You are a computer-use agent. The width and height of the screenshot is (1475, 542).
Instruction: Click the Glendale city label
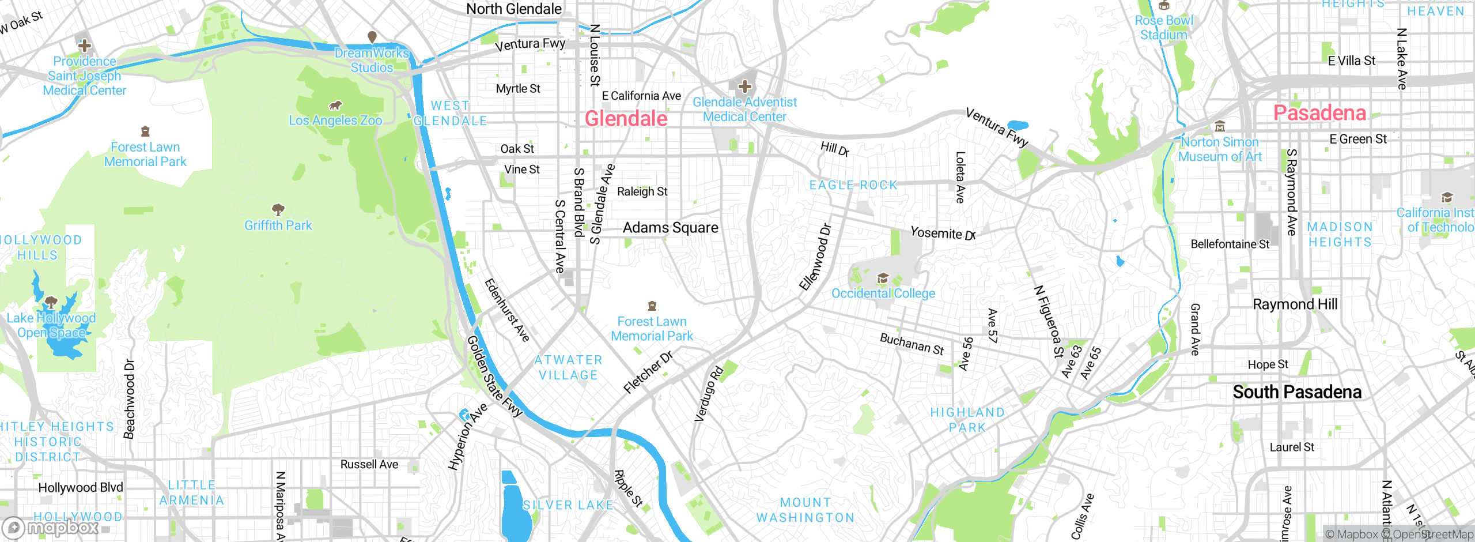coord(626,119)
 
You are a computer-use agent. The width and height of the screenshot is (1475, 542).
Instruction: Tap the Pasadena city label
coord(1319,113)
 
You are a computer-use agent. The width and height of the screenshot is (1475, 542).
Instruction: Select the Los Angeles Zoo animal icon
coord(335,106)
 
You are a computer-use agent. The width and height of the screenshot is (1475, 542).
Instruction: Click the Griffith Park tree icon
coord(278,209)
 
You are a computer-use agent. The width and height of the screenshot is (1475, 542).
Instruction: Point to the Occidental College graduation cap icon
coord(883,279)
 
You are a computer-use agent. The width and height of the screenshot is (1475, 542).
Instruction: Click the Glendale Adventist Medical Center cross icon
coord(745,87)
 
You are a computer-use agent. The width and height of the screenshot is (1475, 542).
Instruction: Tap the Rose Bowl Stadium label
coord(1164,28)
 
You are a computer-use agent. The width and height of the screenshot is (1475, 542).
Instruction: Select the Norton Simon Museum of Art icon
coord(1220,127)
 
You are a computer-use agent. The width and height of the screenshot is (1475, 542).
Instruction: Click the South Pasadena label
coord(1297,392)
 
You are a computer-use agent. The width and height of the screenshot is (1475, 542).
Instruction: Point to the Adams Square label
coord(670,228)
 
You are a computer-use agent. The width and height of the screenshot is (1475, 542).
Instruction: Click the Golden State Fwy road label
coord(494,376)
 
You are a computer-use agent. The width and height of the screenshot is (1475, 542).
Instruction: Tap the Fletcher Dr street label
coord(648,372)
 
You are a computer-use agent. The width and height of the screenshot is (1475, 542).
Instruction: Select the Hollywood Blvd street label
coord(81,488)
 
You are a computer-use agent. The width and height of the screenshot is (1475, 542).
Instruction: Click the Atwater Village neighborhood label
coord(568,367)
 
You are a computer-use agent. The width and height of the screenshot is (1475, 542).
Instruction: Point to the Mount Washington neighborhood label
coord(805,510)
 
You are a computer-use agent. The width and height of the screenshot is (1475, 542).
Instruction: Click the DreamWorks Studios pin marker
coord(372,37)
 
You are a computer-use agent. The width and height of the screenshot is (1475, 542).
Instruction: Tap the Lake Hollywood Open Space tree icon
coord(51,302)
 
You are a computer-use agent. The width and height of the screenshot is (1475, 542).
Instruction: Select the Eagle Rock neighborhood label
coord(853,185)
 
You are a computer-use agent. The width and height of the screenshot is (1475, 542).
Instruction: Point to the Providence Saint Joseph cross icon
coord(85,46)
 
